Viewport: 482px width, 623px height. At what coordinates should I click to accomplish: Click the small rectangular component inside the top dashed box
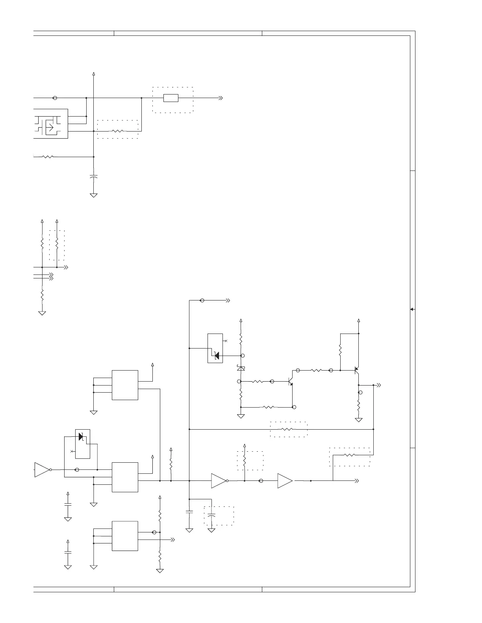(171, 98)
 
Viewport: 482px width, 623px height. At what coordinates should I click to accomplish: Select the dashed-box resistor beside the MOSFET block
(118, 131)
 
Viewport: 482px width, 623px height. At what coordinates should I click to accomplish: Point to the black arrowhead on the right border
(412, 309)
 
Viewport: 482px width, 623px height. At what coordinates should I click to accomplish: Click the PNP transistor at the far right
(357, 371)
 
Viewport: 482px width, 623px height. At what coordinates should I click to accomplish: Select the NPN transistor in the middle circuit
(291, 382)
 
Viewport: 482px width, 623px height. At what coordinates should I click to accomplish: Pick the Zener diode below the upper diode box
(241, 368)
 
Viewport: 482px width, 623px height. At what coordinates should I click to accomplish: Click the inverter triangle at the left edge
(42, 469)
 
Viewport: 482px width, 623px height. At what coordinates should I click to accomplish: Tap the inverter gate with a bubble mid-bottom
(219, 481)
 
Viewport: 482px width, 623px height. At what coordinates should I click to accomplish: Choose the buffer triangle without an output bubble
(285, 481)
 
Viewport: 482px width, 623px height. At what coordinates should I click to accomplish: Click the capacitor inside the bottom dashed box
(212, 515)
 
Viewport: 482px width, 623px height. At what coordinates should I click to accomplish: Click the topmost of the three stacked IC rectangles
(125, 385)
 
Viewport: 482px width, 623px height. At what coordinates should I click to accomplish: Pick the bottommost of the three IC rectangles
(125, 536)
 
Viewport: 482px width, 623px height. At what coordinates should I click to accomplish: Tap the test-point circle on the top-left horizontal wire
(55, 98)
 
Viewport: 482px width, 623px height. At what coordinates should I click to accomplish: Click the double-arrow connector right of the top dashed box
(221, 98)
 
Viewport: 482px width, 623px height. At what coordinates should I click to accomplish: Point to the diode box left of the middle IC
(82, 444)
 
